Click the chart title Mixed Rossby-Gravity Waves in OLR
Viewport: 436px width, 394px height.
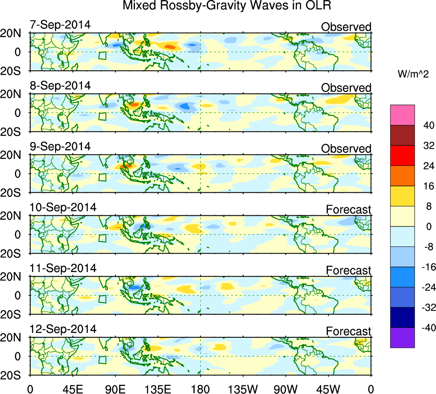coord(227,6)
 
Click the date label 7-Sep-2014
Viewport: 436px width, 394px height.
coord(60,25)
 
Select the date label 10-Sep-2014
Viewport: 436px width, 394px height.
coord(63,207)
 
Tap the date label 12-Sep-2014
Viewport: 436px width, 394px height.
coord(63,329)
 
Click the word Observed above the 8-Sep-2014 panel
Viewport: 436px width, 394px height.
coord(346,88)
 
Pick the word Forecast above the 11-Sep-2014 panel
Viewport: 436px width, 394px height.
coord(348,270)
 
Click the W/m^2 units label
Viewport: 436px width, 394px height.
coord(413,74)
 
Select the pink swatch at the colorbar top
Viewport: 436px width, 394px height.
coord(402,115)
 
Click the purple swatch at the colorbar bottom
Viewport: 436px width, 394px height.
coord(402,338)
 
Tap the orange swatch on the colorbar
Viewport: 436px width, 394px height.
coord(402,176)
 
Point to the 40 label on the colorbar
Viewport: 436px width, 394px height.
coord(427,125)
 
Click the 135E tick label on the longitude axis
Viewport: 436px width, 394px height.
coord(158,388)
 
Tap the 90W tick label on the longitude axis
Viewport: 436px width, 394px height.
coord(286,388)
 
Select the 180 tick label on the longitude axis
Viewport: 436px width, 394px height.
coord(201,388)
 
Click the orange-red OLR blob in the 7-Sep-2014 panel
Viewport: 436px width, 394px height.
coord(170,46)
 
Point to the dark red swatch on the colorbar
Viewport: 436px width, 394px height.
coord(402,135)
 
